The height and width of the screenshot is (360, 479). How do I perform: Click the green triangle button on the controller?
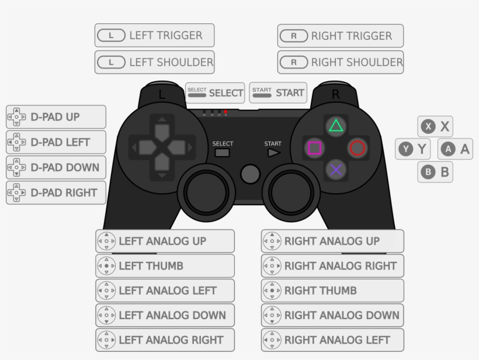[x=335, y=126]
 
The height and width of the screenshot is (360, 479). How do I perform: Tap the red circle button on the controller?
[x=357, y=148]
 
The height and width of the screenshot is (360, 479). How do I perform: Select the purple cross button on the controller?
[x=335, y=169]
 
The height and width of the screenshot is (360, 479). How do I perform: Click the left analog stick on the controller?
[x=206, y=189]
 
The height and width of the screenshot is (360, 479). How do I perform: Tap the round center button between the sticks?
[x=249, y=174]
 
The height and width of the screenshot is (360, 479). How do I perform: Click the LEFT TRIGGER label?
[x=154, y=36]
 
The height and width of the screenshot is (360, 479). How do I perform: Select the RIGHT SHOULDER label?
[x=341, y=62]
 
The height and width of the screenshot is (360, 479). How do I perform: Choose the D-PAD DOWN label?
[x=56, y=168]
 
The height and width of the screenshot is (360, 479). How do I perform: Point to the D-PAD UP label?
[x=56, y=117]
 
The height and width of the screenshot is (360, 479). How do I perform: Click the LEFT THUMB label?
[x=165, y=266]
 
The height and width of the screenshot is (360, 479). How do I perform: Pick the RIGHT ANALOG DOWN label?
[x=332, y=315]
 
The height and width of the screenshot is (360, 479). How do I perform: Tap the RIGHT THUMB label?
[x=332, y=290]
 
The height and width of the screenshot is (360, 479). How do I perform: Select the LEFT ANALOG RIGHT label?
[x=165, y=340]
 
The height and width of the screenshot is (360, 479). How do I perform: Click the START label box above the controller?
[x=278, y=92]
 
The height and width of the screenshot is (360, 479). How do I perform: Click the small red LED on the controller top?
[x=225, y=111]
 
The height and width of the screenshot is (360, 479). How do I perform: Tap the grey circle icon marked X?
[x=429, y=126]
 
